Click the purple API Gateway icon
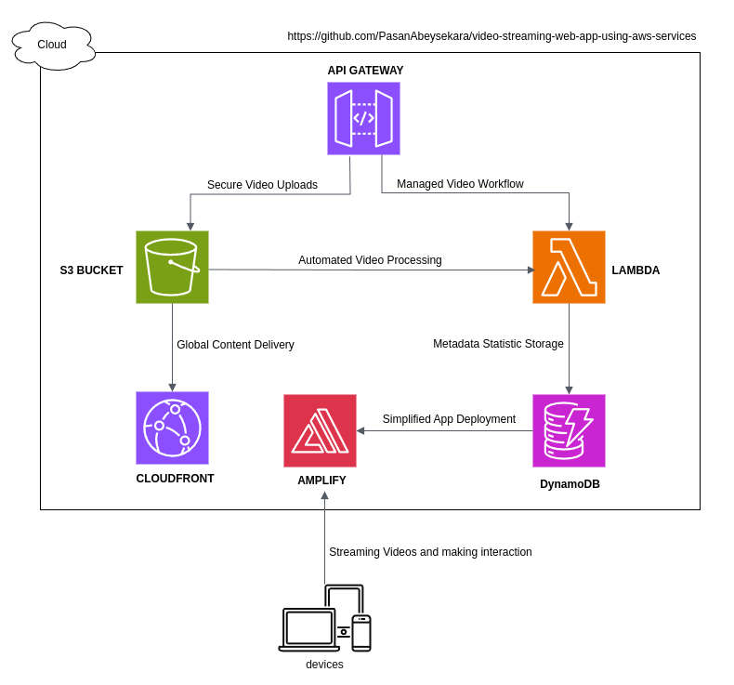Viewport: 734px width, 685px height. pos(363,118)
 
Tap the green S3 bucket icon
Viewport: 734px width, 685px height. pos(172,267)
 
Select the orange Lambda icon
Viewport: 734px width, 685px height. pos(569,267)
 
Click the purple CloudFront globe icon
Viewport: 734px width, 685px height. pos(172,428)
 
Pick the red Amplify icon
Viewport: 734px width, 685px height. pos(320,430)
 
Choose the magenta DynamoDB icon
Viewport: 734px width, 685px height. pos(569,430)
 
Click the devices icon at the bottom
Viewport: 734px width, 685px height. pos(325,619)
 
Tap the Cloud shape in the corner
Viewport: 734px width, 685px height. pos(53,45)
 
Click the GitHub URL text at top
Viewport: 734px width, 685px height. pos(492,36)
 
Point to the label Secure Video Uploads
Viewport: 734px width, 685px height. pos(262,185)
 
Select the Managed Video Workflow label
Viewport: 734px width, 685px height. pos(460,184)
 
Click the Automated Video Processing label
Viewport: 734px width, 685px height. pos(370,260)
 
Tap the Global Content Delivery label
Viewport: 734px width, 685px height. pos(235,345)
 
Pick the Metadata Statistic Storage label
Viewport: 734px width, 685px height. pos(498,344)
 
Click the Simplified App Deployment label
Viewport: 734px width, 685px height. pos(449,419)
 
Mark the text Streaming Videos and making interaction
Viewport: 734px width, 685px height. pos(430,552)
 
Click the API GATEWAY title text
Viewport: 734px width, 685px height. pos(365,71)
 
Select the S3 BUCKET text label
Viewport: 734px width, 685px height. pos(91,270)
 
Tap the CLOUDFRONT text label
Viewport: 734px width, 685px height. pos(175,479)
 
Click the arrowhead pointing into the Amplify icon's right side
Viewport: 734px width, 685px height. pos(360,430)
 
